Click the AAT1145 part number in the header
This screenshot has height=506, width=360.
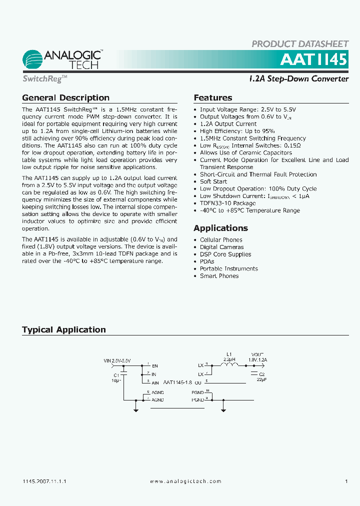click(x=313, y=59)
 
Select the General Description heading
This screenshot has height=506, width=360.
click(x=65, y=98)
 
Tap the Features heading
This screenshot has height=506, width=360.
click(x=213, y=98)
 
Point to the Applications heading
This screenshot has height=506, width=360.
click(x=220, y=228)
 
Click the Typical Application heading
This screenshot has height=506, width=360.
click(x=64, y=329)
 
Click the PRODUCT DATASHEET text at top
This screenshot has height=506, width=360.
click(x=299, y=44)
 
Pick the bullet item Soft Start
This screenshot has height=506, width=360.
click(x=213, y=181)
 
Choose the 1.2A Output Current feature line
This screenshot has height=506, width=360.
click(x=228, y=123)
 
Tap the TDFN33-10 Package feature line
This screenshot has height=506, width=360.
click(x=227, y=203)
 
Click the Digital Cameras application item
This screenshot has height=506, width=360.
click(x=221, y=247)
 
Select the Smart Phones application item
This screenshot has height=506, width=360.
click(x=219, y=276)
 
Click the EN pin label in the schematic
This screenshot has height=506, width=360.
click(x=154, y=366)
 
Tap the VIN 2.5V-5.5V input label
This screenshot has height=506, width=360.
click(x=116, y=360)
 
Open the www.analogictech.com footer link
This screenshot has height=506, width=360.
click(x=185, y=481)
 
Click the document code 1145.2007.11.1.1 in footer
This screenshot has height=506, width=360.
click(x=44, y=481)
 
